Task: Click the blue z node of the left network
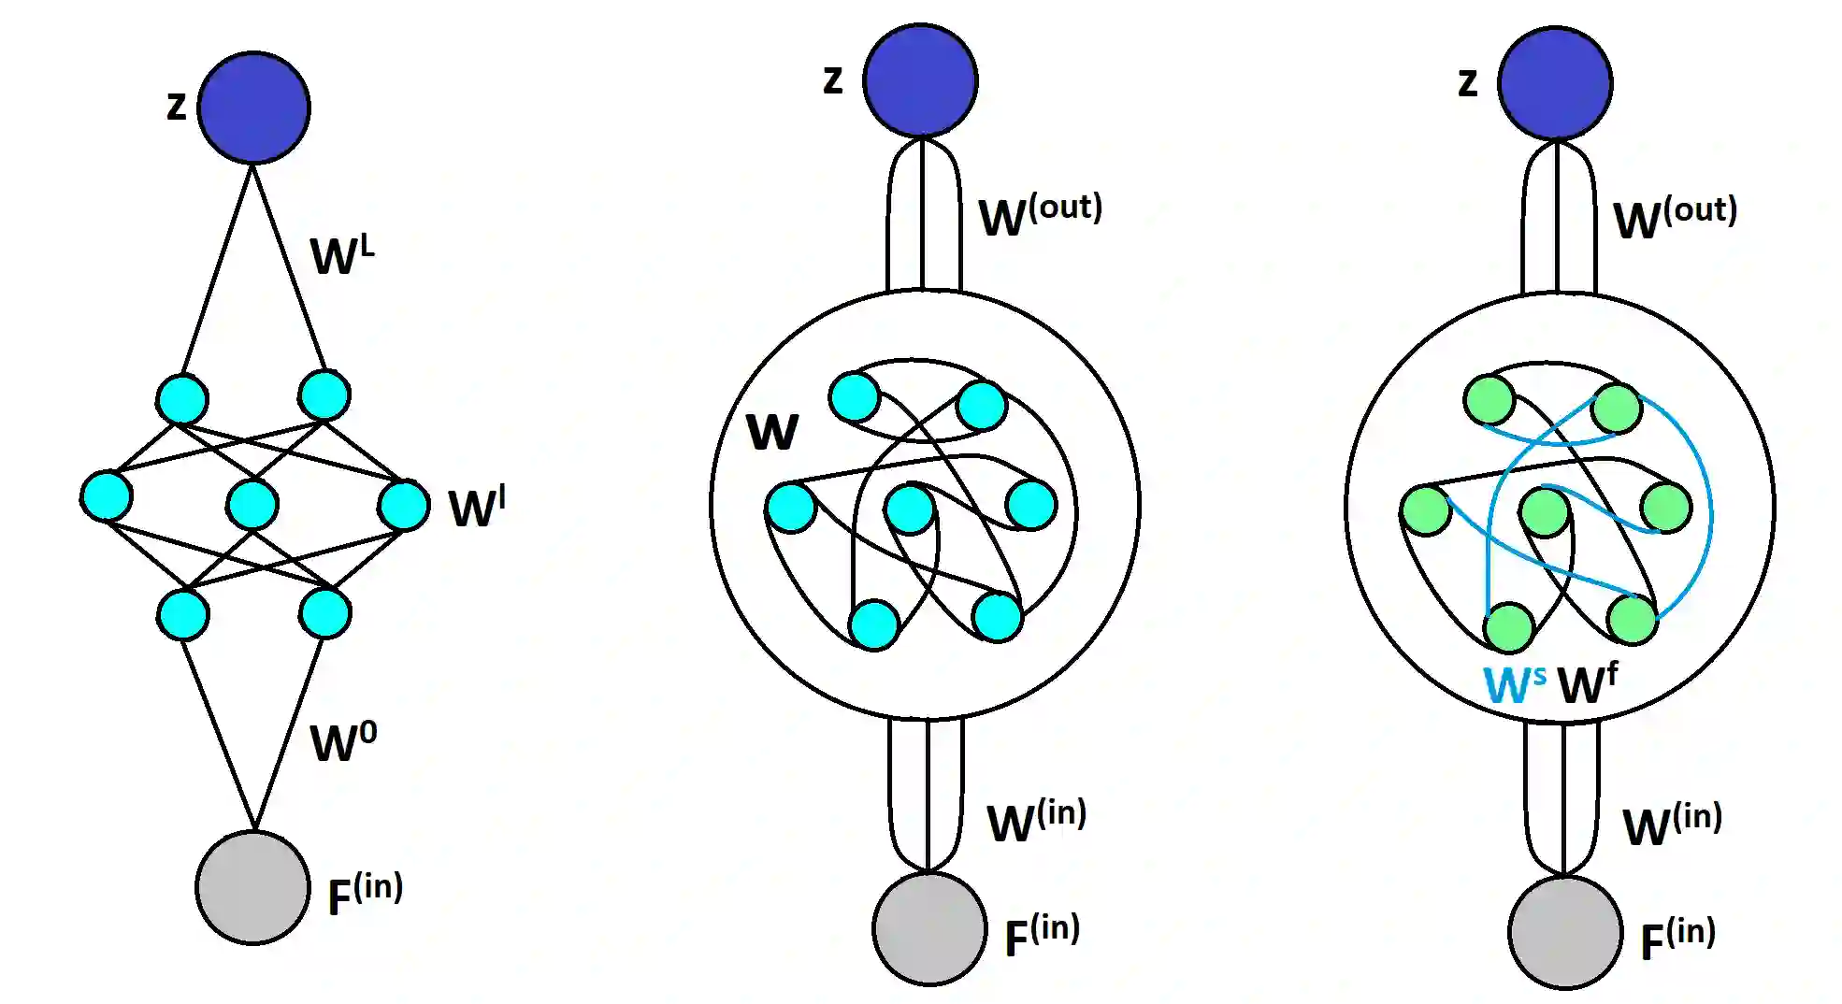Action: pos(253,108)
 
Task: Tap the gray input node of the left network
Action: pos(252,887)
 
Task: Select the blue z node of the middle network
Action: pos(920,80)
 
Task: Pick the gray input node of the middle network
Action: pos(929,928)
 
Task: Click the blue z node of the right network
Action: pos(1555,83)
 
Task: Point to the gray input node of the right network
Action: pos(1564,932)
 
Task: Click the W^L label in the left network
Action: pos(342,254)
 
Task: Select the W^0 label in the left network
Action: pos(343,742)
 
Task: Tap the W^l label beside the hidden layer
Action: pos(477,508)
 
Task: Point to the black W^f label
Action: pos(1587,683)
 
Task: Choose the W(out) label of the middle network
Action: pos(1040,215)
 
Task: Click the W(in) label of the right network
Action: pos(1672,824)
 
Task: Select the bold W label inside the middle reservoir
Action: pos(772,432)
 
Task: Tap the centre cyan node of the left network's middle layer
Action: pos(252,505)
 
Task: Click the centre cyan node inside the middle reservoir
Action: pos(910,509)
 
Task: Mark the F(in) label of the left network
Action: pos(365,894)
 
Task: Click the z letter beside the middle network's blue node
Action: pos(832,80)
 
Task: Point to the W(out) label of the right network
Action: pos(1675,218)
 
